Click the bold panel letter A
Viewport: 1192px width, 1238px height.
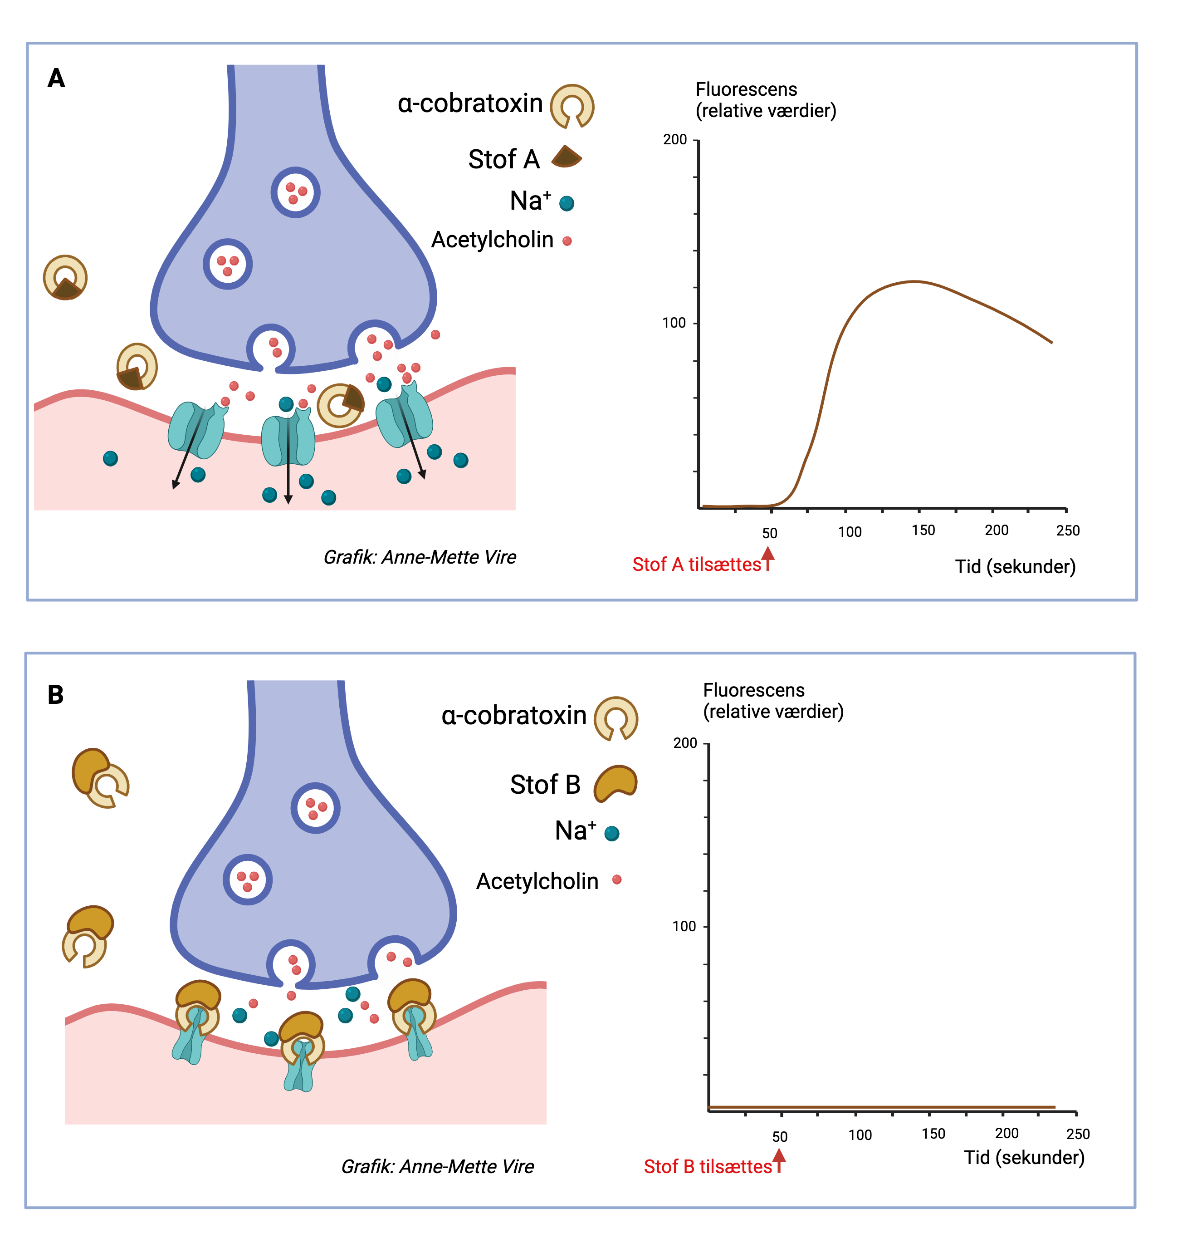point(56,79)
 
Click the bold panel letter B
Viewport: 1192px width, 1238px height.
point(55,695)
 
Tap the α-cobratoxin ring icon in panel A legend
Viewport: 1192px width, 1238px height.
point(572,106)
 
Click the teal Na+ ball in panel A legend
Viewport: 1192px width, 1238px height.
point(567,203)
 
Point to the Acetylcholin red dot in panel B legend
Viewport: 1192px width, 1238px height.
point(617,879)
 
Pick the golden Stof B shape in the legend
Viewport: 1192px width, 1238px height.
point(615,783)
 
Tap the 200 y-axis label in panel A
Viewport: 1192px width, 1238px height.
point(674,140)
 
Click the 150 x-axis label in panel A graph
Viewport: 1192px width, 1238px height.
point(923,530)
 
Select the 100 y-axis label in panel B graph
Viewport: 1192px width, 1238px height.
point(684,927)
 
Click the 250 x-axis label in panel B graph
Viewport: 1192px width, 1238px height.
point(1078,1134)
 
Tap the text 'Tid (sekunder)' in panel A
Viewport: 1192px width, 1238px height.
point(1015,566)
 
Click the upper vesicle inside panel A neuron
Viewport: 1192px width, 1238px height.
point(295,192)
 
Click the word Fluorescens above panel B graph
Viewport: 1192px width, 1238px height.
point(753,690)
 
